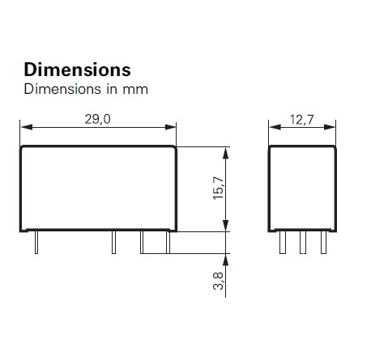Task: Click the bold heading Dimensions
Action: click(77, 69)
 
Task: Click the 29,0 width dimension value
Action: click(97, 118)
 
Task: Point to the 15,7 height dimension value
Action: click(219, 189)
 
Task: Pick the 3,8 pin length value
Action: click(219, 282)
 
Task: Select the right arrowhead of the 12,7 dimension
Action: click(332, 127)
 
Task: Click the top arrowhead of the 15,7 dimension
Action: click(229, 151)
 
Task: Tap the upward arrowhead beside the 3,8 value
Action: click(229, 257)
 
